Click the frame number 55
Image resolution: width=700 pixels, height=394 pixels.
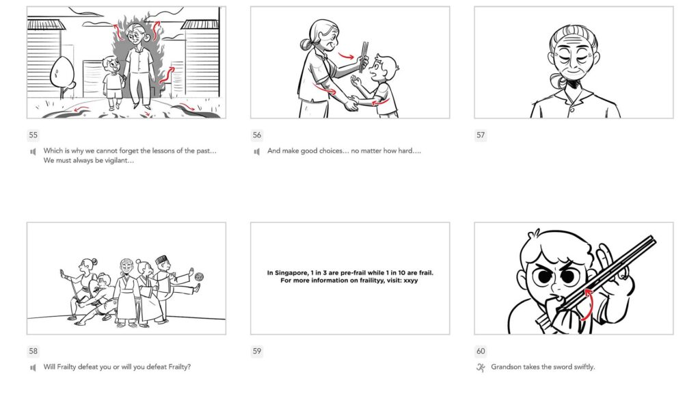point(33,135)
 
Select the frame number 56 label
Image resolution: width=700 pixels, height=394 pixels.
point(257,135)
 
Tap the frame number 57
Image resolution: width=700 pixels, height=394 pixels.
point(481,135)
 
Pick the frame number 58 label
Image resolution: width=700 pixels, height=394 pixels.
point(33,352)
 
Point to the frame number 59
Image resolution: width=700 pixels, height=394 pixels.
point(257,352)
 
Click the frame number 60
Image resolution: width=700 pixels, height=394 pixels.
point(481,352)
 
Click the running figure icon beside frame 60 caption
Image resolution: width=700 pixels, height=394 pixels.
point(481,367)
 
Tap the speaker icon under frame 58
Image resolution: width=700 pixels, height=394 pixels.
point(33,367)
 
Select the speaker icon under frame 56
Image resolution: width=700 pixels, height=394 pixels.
point(257,151)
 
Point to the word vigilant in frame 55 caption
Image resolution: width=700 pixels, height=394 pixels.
point(117,161)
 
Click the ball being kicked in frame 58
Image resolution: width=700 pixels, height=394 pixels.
point(199,278)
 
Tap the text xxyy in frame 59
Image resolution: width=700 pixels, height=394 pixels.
point(410,281)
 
